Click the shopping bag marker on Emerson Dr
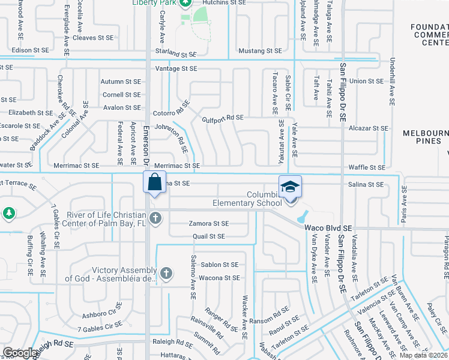coord(155,181)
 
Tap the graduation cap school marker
coord(290,186)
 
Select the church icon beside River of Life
coord(155,217)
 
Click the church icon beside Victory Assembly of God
coord(166,273)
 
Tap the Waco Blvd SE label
coord(327,228)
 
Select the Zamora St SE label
coord(209,223)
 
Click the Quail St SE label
coord(208,236)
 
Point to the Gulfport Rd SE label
coord(223,118)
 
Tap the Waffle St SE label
coord(368,168)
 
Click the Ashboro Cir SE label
coord(99,313)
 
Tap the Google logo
coord(20,352)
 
